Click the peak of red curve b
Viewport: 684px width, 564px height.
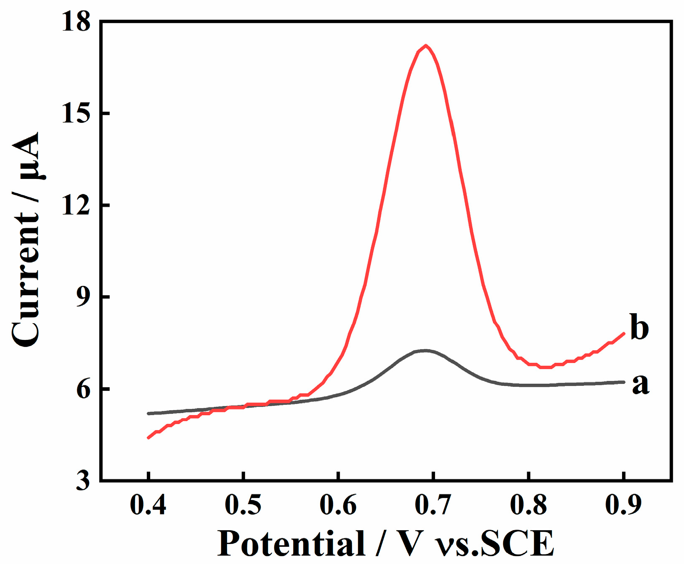425,46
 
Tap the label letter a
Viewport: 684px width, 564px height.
640,384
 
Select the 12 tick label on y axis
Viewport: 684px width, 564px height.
76,205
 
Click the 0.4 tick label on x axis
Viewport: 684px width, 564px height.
148,505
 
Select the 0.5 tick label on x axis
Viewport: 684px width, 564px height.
243,505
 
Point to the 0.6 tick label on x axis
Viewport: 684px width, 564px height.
338,505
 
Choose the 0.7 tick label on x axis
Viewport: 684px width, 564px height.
433,505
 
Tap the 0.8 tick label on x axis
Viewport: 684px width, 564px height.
528,505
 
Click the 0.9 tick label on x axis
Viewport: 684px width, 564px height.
623,505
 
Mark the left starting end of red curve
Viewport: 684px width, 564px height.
149,438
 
